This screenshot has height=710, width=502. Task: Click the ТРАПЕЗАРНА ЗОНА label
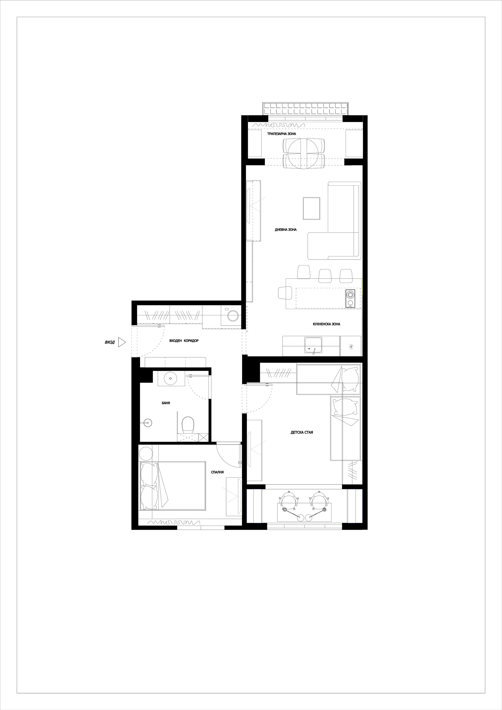click(x=281, y=134)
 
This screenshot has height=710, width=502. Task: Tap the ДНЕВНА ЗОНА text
click(x=286, y=230)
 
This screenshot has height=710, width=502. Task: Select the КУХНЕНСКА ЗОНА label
click(x=326, y=324)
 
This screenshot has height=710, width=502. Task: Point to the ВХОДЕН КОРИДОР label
click(x=184, y=341)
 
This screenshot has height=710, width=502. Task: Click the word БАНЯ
click(x=166, y=403)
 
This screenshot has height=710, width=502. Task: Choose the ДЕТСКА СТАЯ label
click(x=302, y=432)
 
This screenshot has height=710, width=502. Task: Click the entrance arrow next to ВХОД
click(x=122, y=342)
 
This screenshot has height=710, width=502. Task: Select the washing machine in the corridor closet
click(x=231, y=315)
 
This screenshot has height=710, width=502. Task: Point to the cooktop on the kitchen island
click(x=350, y=299)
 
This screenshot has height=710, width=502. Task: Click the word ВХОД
click(x=110, y=342)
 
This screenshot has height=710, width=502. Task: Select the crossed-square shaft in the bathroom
click(x=203, y=438)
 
